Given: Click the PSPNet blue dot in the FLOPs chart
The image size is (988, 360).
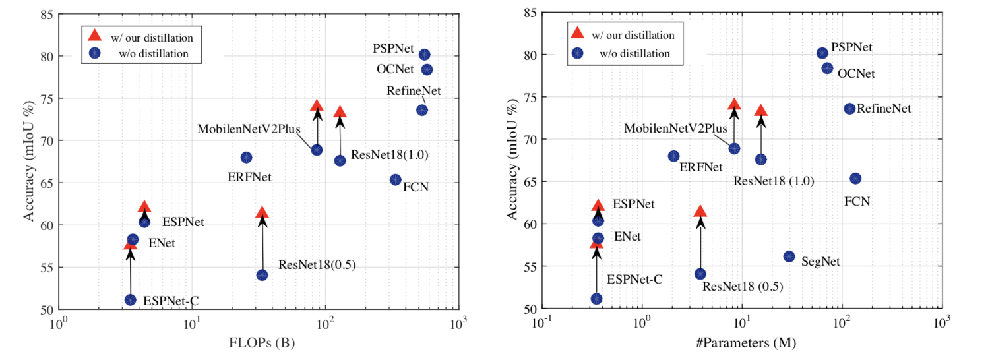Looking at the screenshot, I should [424, 55].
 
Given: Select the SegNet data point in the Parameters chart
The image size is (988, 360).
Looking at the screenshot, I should [789, 256].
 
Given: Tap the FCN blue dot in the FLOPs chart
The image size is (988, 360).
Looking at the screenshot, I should [396, 180].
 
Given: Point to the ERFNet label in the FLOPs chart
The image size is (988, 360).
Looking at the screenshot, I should [251, 177].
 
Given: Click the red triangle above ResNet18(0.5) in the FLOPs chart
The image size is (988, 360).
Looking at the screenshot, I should [262, 212].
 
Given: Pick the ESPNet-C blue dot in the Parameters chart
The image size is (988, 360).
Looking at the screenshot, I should [596, 299].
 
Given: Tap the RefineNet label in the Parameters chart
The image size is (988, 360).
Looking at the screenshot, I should [884, 109].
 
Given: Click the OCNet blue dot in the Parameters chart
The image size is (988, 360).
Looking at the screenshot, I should [827, 68].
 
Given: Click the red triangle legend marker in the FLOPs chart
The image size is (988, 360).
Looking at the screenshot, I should [95, 34].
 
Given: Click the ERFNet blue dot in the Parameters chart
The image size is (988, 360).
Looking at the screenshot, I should [673, 156].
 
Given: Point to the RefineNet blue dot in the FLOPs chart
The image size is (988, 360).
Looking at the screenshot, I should [422, 110].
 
